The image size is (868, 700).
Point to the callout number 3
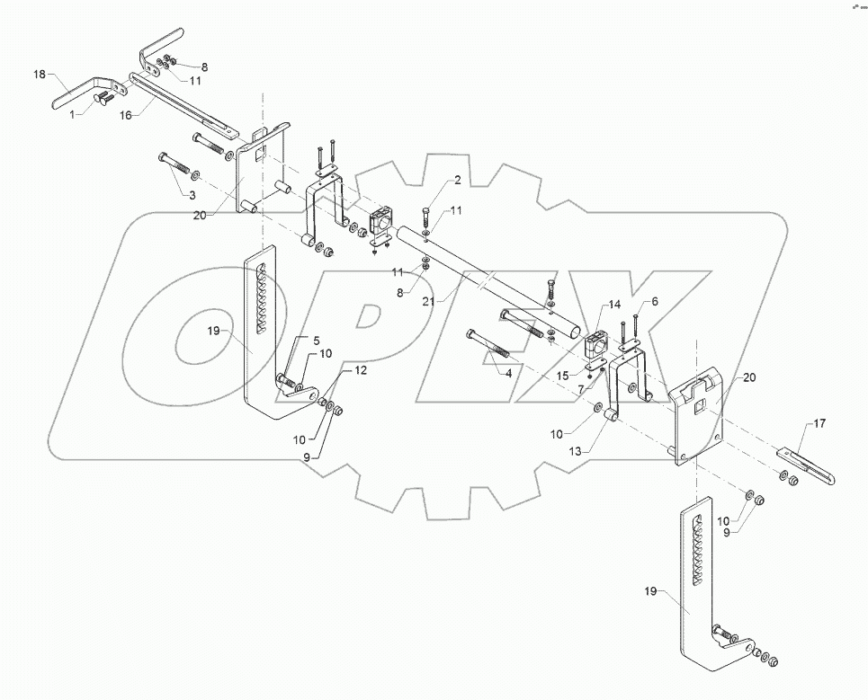click(192, 194)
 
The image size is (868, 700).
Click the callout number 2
click(457, 181)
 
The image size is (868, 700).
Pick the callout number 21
click(428, 302)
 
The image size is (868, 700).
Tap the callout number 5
click(316, 341)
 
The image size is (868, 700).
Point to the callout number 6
click(654, 302)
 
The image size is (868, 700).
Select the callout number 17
click(819, 422)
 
